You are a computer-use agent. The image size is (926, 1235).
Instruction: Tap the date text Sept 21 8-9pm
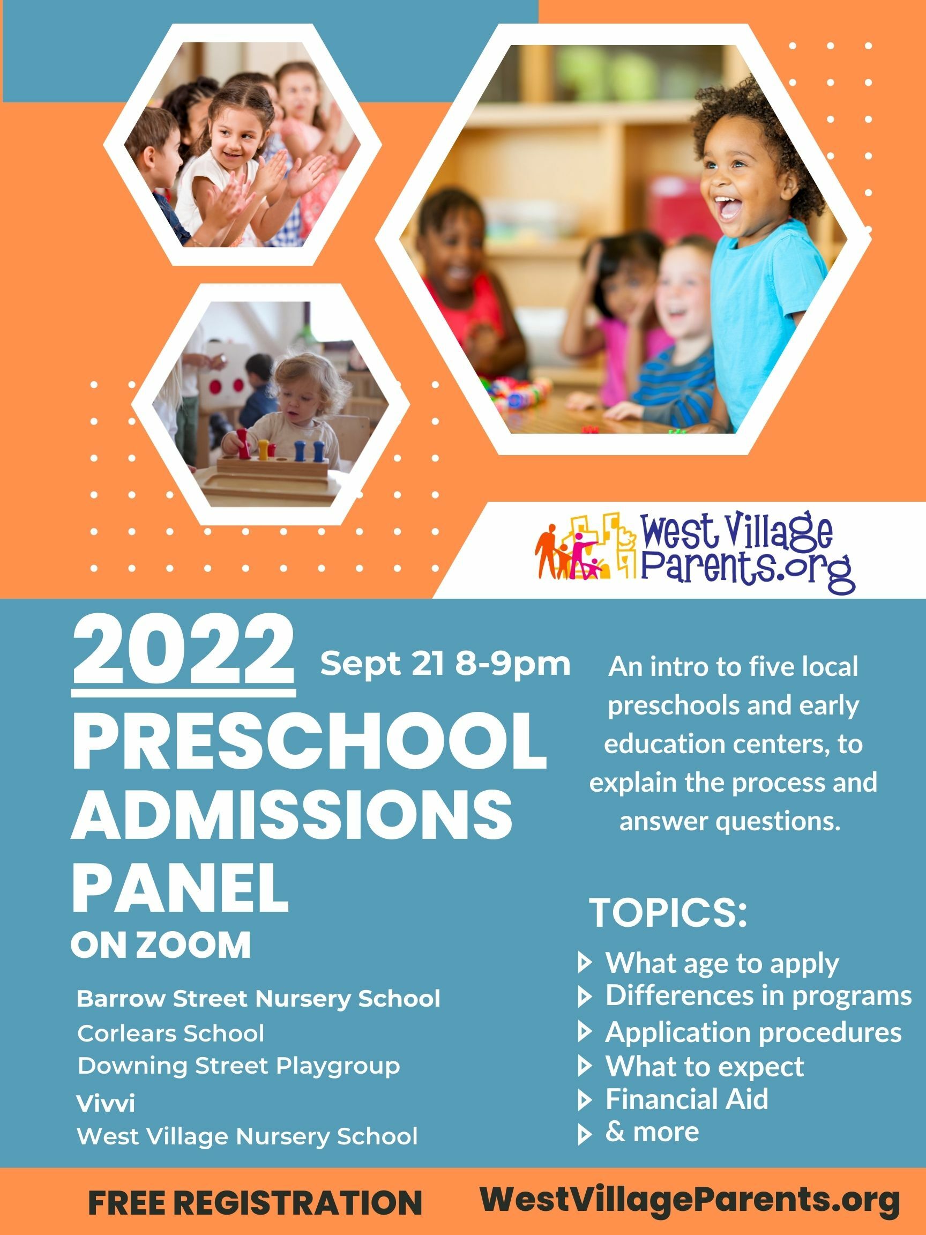click(445, 664)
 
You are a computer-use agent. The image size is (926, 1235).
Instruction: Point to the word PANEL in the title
click(180, 888)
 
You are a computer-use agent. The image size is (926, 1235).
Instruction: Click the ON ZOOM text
click(161, 946)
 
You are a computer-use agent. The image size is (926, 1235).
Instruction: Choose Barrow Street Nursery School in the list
click(258, 999)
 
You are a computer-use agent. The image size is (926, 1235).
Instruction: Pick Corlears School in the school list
click(171, 1033)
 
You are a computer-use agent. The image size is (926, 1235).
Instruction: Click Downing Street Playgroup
click(239, 1065)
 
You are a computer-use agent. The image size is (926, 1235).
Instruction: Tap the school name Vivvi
click(106, 1103)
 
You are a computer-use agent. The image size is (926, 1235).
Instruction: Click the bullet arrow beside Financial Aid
click(585, 1100)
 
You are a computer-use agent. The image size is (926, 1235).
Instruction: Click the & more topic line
click(652, 1132)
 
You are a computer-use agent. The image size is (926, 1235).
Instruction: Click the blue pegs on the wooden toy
click(309, 449)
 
